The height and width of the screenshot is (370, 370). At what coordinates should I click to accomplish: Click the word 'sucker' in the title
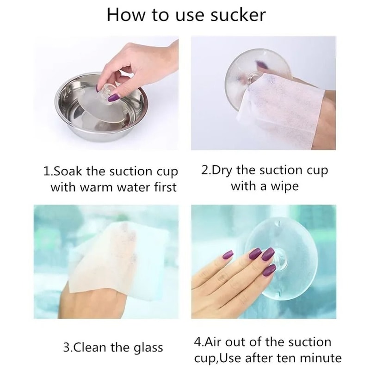pyautogui.click(x=238, y=15)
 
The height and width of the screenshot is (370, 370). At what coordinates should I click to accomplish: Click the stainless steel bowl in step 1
pyautogui.click(x=101, y=107)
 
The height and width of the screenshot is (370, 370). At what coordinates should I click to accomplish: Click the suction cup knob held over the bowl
pyautogui.click(x=108, y=91)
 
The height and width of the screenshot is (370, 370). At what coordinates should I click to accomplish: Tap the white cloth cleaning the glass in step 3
pyautogui.click(x=120, y=262)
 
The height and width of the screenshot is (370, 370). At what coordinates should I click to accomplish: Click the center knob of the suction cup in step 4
pyautogui.click(x=280, y=260)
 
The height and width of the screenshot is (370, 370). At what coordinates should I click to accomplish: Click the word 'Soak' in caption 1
pyautogui.click(x=68, y=171)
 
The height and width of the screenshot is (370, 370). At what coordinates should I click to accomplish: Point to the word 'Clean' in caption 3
pyautogui.click(x=90, y=347)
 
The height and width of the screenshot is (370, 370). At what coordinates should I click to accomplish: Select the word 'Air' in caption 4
pyautogui.click(x=214, y=342)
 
